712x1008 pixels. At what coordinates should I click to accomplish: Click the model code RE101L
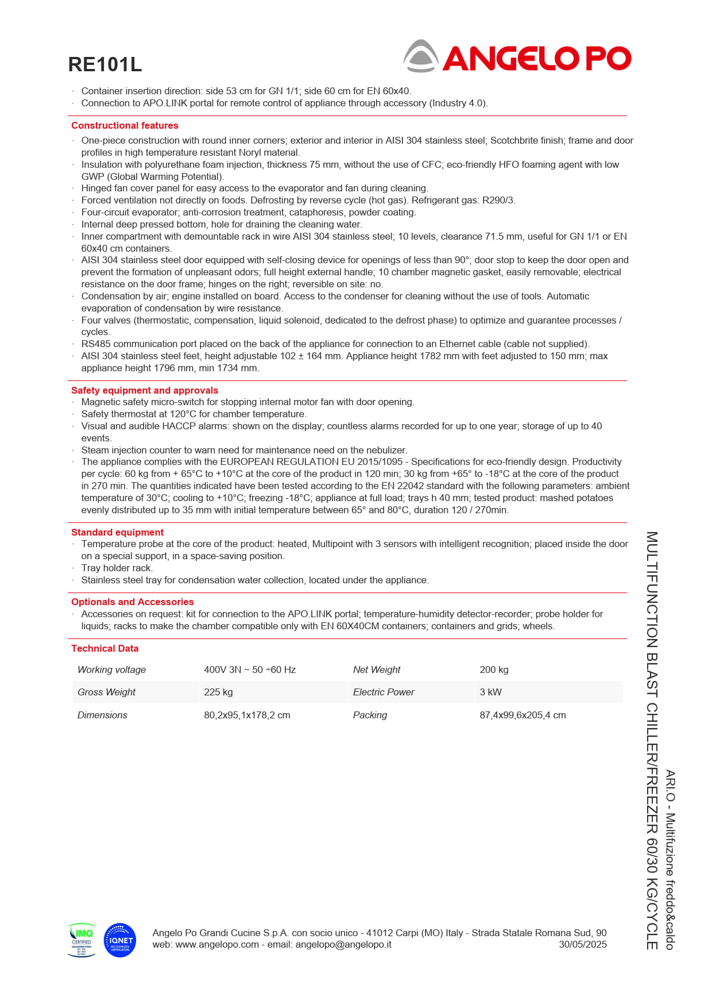click(x=105, y=64)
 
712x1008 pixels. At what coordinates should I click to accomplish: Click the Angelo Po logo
click(x=517, y=57)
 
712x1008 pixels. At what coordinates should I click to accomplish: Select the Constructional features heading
click(x=125, y=125)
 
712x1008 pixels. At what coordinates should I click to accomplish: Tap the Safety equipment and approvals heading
click(x=144, y=390)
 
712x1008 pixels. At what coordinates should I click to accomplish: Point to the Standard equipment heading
click(x=117, y=532)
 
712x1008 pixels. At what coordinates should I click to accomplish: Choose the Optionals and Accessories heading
click(x=132, y=602)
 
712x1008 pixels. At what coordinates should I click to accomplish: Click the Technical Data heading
click(x=105, y=648)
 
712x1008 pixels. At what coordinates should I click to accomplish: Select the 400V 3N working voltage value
click(x=250, y=670)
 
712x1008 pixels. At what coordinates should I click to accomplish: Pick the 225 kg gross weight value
click(x=218, y=692)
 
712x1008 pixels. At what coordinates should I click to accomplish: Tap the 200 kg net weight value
click(x=494, y=670)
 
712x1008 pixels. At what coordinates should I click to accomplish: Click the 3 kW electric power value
click(x=490, y=692)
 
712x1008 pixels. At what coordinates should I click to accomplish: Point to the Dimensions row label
click(x=102, y=715)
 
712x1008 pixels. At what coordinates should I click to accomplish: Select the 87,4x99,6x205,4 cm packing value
click(x=523, y=715)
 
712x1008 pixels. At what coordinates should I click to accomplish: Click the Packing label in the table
click(x=370, y=715)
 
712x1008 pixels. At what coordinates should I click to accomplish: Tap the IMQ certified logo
click(x=82, y=940)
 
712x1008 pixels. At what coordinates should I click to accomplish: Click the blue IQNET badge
click(x=120, y=940)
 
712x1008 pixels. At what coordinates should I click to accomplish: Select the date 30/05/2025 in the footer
click(x=582, y=944)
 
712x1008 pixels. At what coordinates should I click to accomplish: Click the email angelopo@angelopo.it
click(x=343, y=944)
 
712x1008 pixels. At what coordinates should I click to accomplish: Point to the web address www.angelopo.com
click(x=217, y=944)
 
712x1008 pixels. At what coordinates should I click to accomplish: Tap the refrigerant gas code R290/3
click(x=498, y=200)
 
